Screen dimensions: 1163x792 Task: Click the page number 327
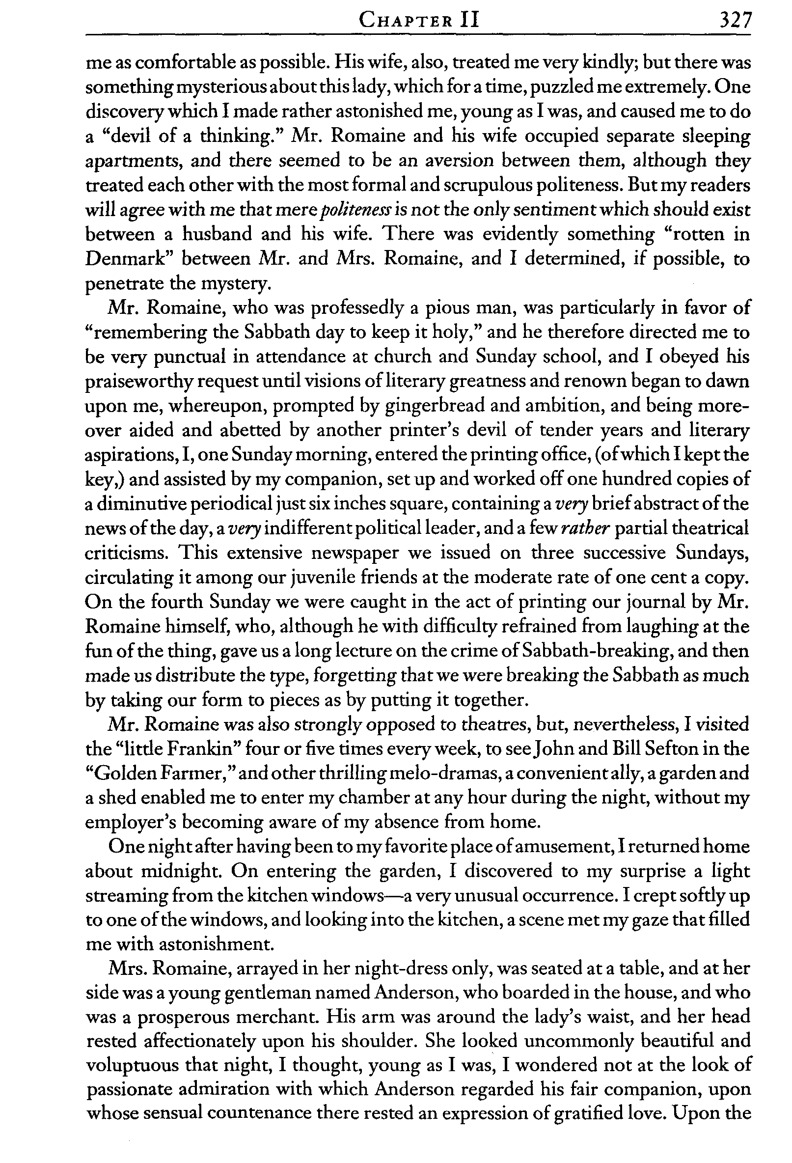pos(735,21)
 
